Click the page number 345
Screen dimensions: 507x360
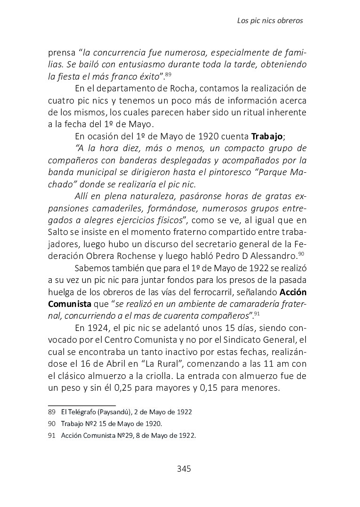tap(184, 469)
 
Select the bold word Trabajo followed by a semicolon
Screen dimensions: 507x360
tap(267, 137)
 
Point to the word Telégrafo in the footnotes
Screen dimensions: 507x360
tap(81, 412)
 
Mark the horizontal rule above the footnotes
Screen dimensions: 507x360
tap(82, 405)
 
